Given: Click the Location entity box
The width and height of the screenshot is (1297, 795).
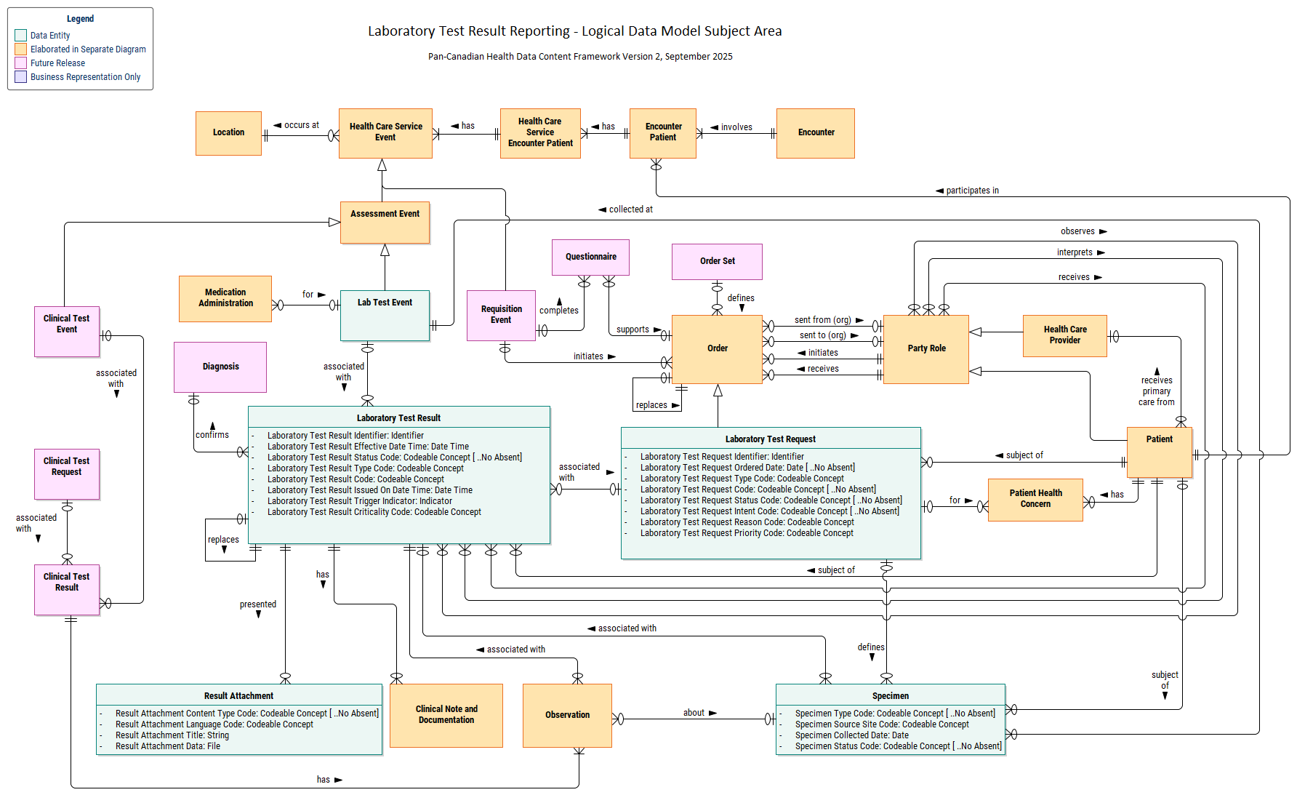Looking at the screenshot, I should click(228, 133).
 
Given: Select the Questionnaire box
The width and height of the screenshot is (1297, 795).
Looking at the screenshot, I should click(590, 257).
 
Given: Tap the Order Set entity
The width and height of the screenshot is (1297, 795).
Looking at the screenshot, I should click(717, 262).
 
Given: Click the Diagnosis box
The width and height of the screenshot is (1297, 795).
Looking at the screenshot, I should click(220, 367).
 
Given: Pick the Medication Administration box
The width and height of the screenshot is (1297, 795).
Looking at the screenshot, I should click(225, 298).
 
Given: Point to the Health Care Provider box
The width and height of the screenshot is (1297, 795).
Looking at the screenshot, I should click(1064, 335).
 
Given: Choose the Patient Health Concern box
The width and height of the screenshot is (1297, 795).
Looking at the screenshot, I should click(1035, 500).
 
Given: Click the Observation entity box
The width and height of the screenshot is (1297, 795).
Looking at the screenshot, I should click(567, 715).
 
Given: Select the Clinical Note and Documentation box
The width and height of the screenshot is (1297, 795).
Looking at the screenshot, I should click(446, 715).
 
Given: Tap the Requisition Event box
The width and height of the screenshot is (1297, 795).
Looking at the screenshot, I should click(501, 315).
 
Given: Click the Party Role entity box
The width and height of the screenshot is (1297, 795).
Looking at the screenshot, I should click(926, 349).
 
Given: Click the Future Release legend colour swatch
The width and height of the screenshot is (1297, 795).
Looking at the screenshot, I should click(21, 63).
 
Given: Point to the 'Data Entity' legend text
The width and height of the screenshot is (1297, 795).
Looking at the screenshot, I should click(50, 36).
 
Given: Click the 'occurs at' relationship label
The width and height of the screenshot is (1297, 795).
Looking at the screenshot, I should click(301, 125).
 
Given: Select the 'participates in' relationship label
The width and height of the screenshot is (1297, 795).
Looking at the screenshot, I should click(972, 191).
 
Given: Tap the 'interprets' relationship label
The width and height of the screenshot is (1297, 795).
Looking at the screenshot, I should click(1075, 252).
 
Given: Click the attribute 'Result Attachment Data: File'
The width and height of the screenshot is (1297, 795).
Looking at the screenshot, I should click(168, 746).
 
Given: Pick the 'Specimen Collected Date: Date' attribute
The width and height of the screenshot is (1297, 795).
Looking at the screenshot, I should click(851, 735).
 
